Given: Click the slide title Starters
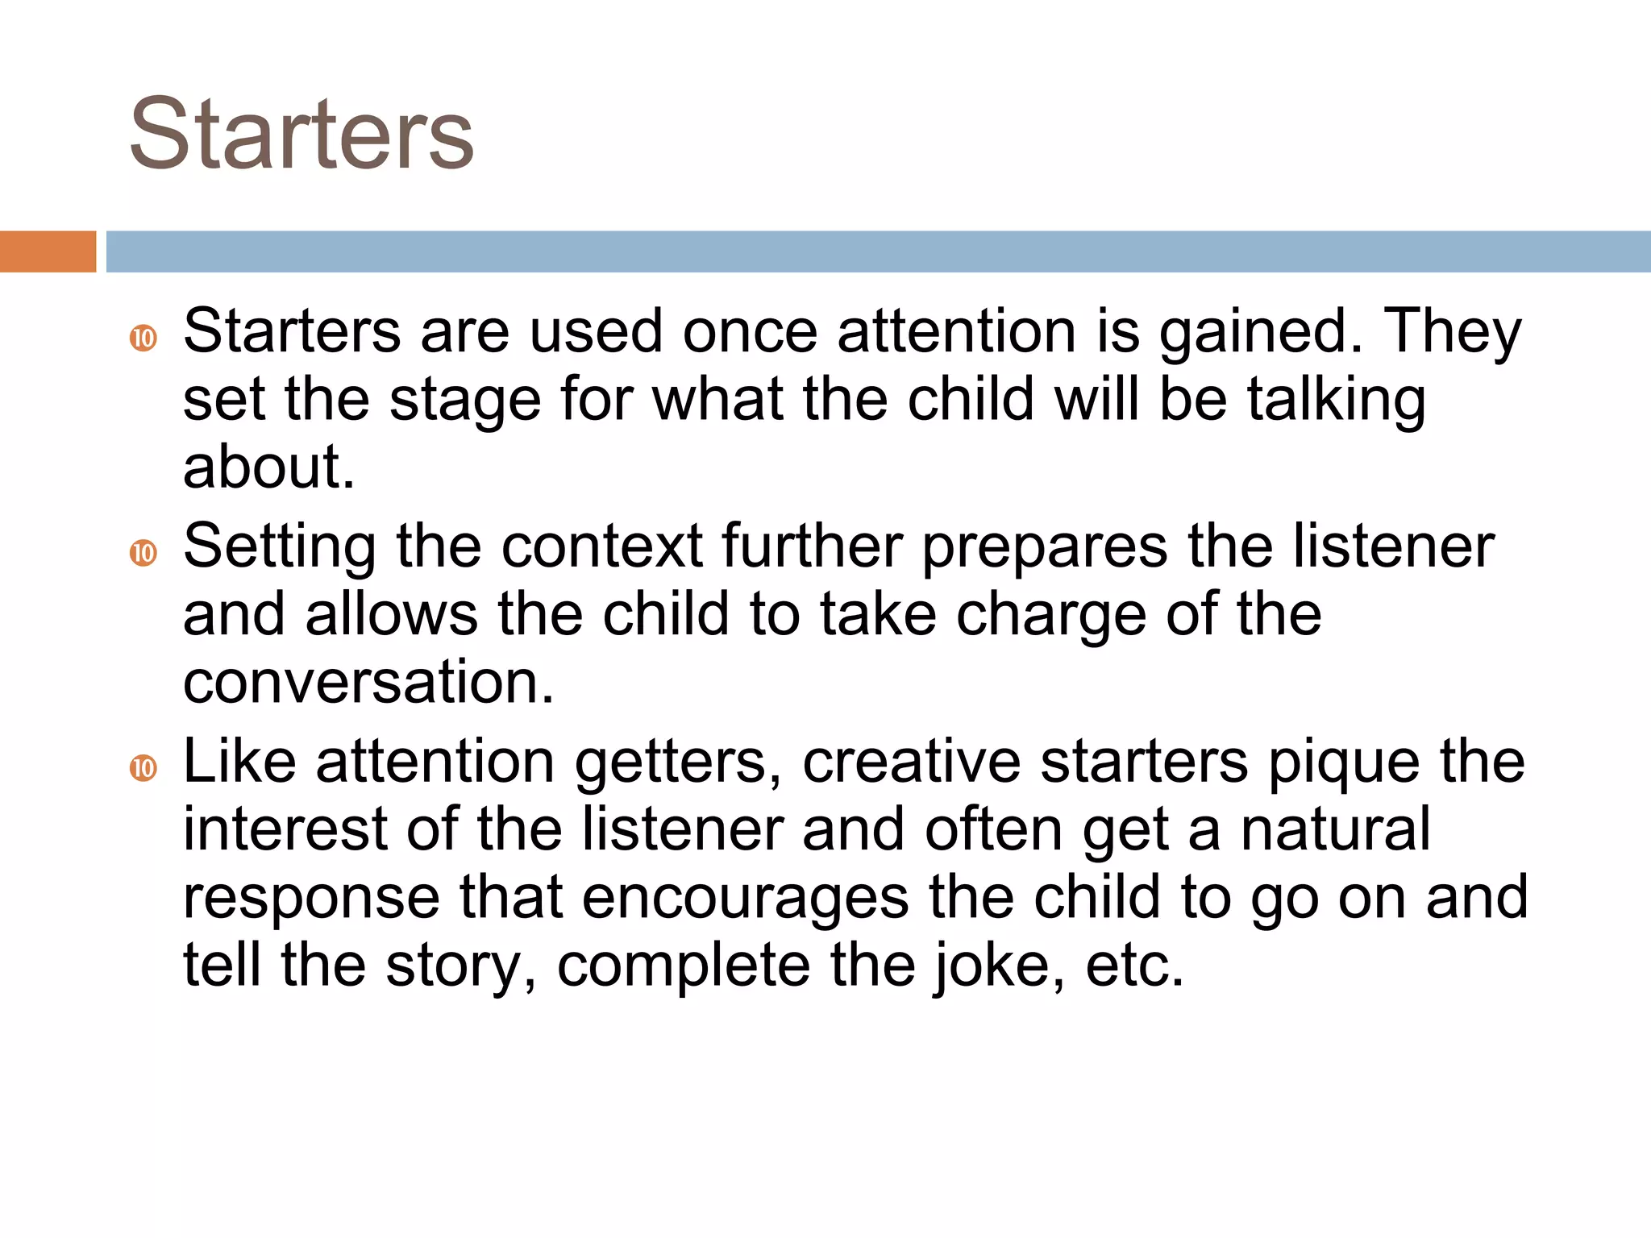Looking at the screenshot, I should point(302,134).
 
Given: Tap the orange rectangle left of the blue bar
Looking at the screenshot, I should point(48,251).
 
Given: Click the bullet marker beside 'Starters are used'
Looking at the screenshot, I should point(143,338).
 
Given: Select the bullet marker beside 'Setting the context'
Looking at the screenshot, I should point(143,553).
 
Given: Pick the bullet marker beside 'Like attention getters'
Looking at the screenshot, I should point(143,767).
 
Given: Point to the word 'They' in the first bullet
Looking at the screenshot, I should point(1452,332).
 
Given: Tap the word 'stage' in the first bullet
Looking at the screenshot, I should point(465,401).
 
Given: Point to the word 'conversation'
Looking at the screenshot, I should point(368,683).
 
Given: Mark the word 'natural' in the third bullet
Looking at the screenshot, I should point(1335,829).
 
